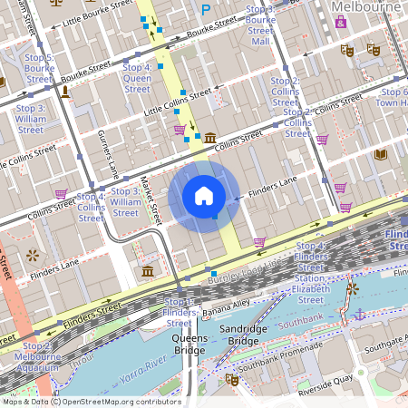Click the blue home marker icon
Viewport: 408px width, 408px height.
pos(204,195)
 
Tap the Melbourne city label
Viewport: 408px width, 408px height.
pos(365,6)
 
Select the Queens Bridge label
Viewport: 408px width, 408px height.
pos(189,345)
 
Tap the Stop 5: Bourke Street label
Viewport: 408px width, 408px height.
pos(39,68)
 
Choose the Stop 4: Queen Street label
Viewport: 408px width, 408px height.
pos(137,78)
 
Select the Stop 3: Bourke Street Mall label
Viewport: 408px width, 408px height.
pos(260,24)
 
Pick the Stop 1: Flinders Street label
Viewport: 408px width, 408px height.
pos(179,312)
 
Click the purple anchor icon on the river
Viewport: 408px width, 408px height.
pos(359,313)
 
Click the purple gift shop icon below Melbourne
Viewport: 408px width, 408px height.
pos(340,22)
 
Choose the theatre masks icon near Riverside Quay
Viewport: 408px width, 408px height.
pos(231,379)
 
